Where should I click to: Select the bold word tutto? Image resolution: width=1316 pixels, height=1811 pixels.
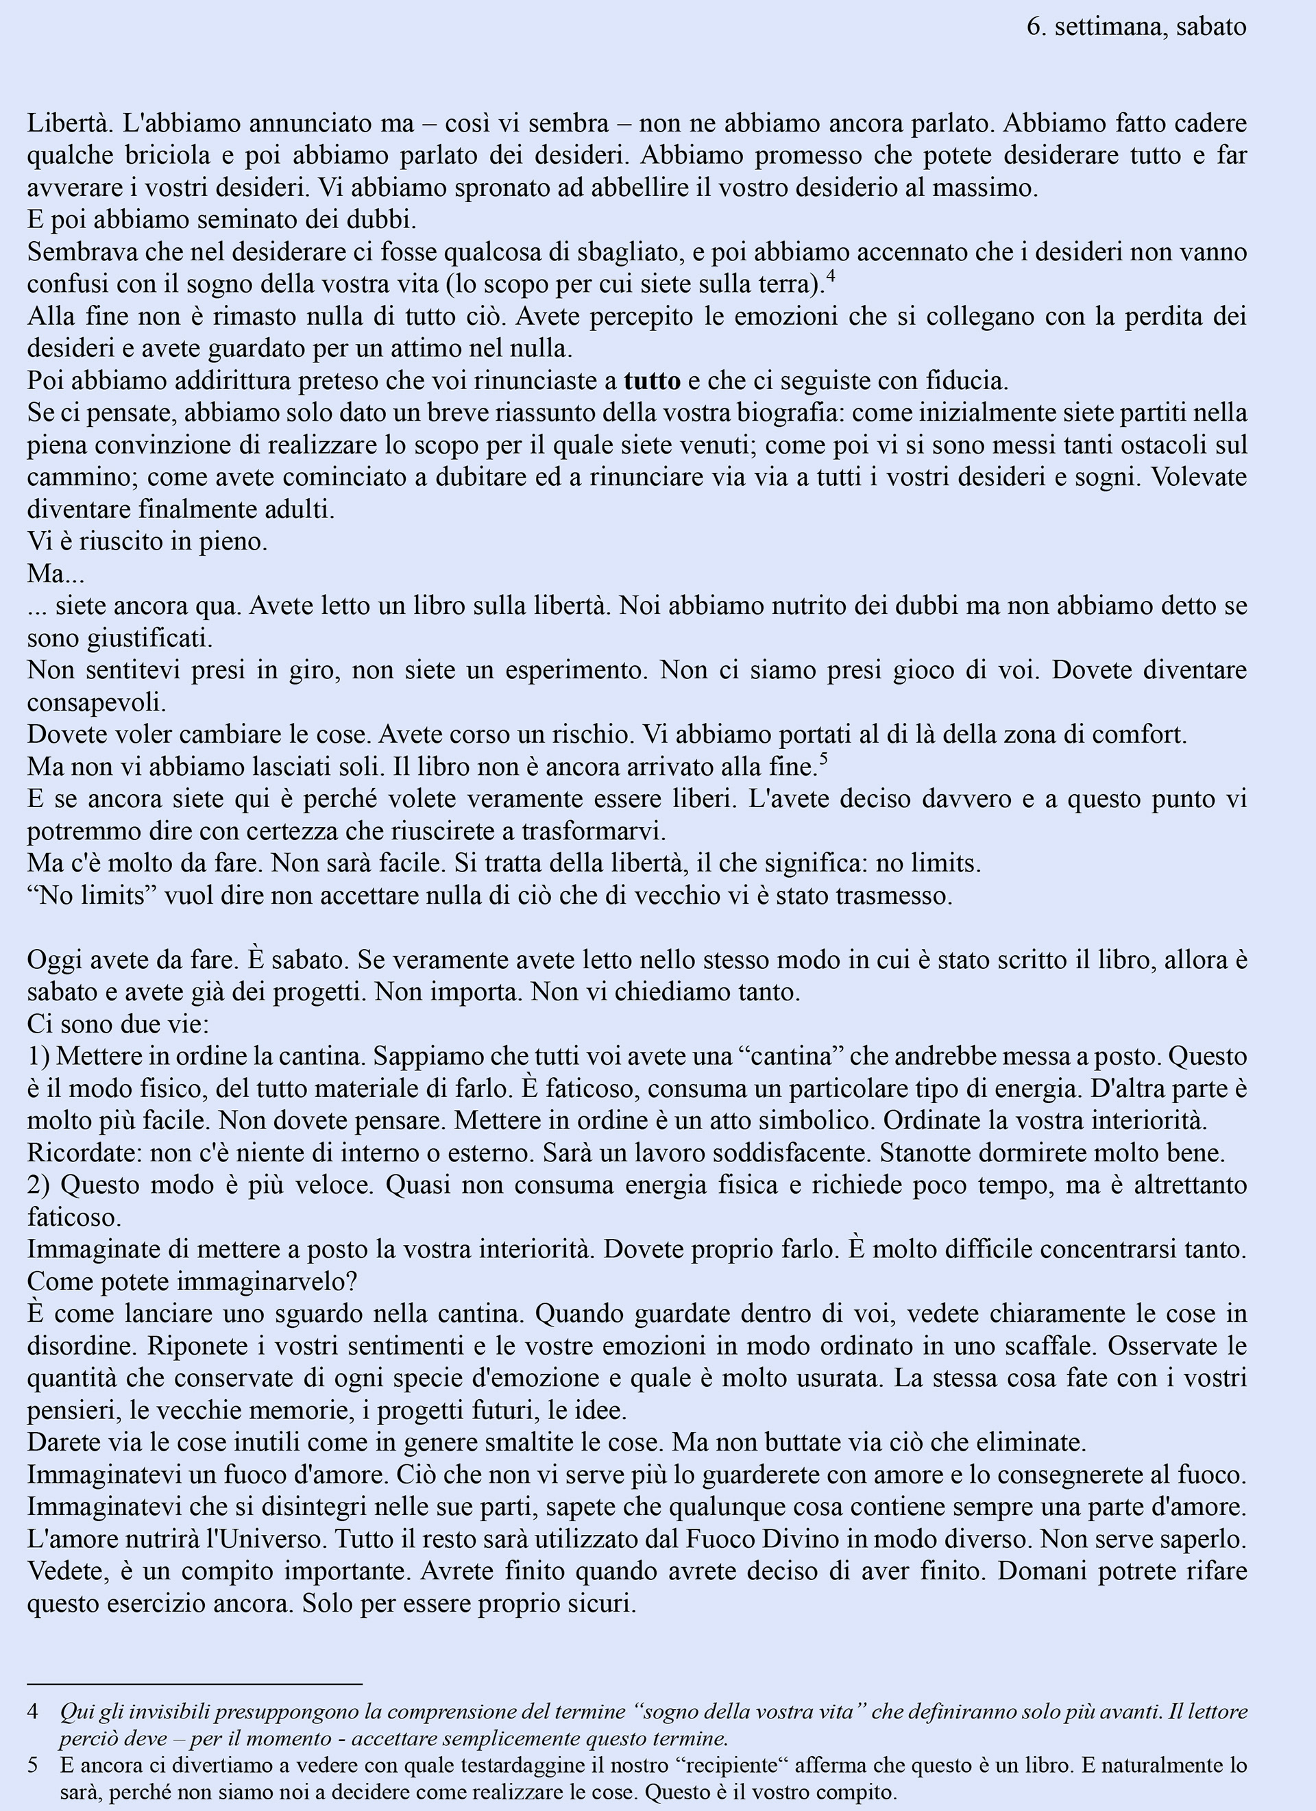pyautogui.click(x=652, y=380)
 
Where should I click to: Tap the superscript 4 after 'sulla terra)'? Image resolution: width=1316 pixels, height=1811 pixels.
pyautogui.click(x=831, y=277)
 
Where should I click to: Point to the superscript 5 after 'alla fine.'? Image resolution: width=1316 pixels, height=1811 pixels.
pyautogui.click(x=823, y=759)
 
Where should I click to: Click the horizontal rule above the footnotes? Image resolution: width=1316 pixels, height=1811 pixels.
pyautogui.click(x=195, y=1682)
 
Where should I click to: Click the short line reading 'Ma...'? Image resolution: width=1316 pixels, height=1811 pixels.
pyautogui.click(x=56, y=574)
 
